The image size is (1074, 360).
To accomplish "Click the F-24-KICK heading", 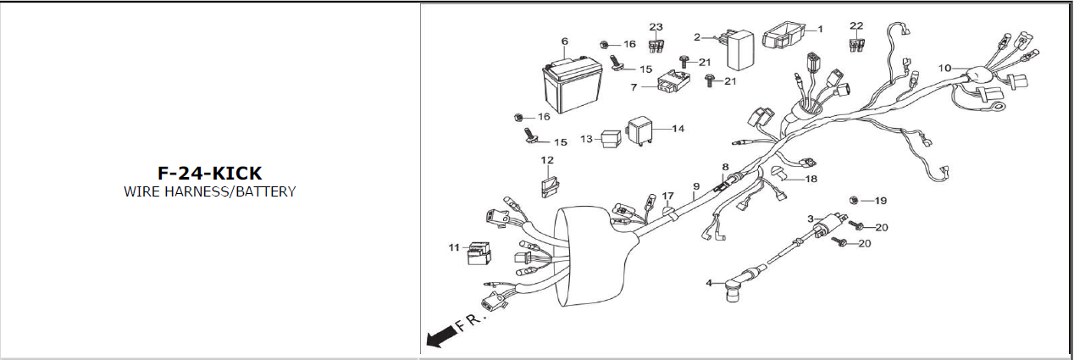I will click(x=209, y=173).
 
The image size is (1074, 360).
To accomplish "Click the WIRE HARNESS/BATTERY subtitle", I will click(x=209, y=191).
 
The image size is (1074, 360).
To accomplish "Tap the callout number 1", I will click(x=820, y=29).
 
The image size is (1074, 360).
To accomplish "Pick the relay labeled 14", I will click(x=642, y=133).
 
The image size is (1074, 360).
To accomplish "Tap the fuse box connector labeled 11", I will click(x=482, y=252).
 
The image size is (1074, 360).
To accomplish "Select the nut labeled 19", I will click(x=855, y=201).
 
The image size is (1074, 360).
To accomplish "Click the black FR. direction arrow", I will click(x=439, y=340).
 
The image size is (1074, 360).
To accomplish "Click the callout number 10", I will click(x=945, y=67).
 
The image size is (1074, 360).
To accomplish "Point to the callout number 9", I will click(x=695, y=186).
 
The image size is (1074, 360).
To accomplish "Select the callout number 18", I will click(x=811, y=179).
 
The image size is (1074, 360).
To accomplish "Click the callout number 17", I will click(x=667, y=196).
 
